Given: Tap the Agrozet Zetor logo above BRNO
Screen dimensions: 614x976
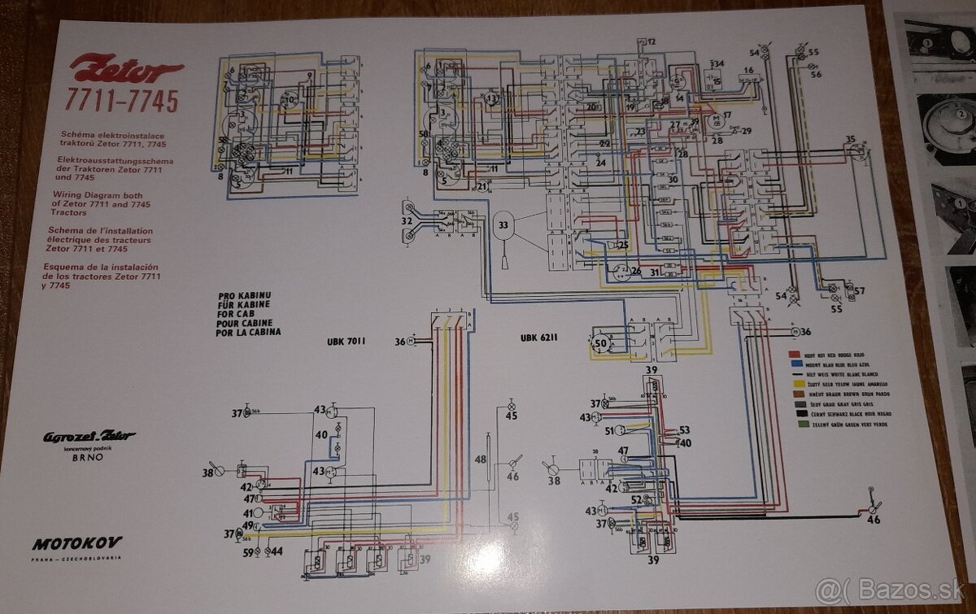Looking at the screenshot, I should (x=89, y=438).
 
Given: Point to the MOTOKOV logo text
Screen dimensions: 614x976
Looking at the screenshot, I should (x=77, y=542).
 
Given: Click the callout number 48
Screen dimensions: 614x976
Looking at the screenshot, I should (x=480, y=459).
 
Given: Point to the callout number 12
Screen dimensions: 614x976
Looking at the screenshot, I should (x=651, y=41).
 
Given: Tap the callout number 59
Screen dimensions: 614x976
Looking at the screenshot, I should (x=248, y=552).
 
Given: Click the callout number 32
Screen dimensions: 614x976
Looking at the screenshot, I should (x=406, y=220).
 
